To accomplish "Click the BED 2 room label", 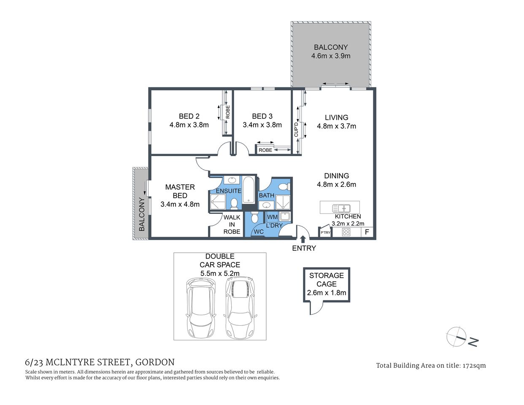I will pos(189,116).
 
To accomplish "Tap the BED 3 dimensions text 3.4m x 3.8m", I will pos(262,125).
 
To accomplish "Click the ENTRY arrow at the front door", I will pos(303,239).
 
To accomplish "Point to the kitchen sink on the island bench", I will pos(341,208).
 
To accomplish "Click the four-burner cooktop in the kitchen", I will pos(346,232).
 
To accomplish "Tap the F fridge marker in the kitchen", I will pos(367,232).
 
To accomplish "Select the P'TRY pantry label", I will pos(325,232).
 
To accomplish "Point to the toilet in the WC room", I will pos(254,218).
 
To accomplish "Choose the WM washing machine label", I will pos(273,217).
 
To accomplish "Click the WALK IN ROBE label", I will pos(232,224).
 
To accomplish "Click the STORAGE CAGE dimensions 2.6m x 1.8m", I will pos(327,293).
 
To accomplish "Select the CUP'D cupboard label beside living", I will pos(296,129).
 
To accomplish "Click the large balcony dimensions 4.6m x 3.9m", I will pos(331,56).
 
